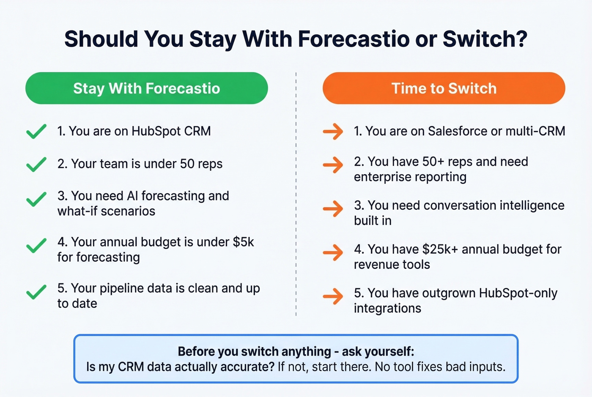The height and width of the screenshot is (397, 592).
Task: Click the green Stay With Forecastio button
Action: coord(146,88)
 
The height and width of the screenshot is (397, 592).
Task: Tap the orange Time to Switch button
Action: coord(444,88)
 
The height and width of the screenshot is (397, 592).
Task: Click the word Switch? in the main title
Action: coord(485,39)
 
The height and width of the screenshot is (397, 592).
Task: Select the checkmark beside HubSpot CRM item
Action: coord(36,131)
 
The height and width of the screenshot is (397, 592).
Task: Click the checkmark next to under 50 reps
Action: coord(36,164)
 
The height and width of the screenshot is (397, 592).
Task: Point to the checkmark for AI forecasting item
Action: coord(36,199)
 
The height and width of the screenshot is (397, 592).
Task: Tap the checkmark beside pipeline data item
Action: coord(36,292)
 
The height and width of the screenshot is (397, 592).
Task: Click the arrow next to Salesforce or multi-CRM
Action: coord(333,131)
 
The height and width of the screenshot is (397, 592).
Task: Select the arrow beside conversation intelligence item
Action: coord(333,209)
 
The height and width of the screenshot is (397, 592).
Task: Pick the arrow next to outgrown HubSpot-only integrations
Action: coord(333,296)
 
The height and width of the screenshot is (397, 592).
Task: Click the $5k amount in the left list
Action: coord(243,242)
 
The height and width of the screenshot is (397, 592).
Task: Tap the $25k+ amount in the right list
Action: coord(440,249)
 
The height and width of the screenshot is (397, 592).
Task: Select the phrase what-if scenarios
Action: coord(106,211)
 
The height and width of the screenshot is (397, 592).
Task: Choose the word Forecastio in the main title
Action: coord(354,39)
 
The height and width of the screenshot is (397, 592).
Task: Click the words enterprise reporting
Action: coord(410,177)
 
